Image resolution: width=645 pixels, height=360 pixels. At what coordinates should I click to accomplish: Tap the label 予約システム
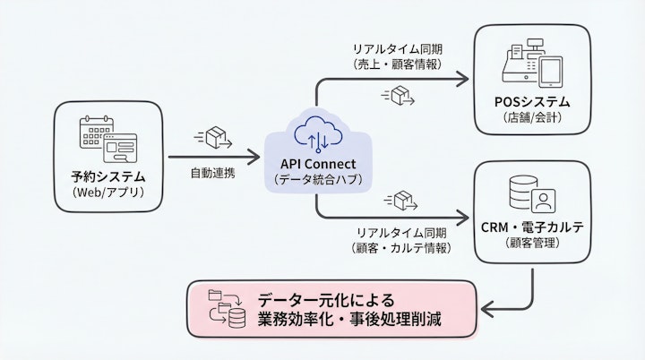click(x=107, y=176)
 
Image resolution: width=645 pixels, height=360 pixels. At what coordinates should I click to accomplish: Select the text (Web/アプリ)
click(x=107, y=193)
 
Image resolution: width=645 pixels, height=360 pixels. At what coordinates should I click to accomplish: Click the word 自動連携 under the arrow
click(x=212, y=172)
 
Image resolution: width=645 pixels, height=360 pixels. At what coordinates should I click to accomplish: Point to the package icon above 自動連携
click(x=216, y=138)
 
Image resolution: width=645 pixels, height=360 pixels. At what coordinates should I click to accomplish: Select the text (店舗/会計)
click(x=533, y=116)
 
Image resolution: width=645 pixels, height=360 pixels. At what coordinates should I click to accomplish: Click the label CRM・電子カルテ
click(x=532, y=227)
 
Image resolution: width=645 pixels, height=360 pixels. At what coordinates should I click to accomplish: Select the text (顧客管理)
click(x=532, y=244)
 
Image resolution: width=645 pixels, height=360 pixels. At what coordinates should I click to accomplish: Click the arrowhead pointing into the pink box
click(x=487, y=310)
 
